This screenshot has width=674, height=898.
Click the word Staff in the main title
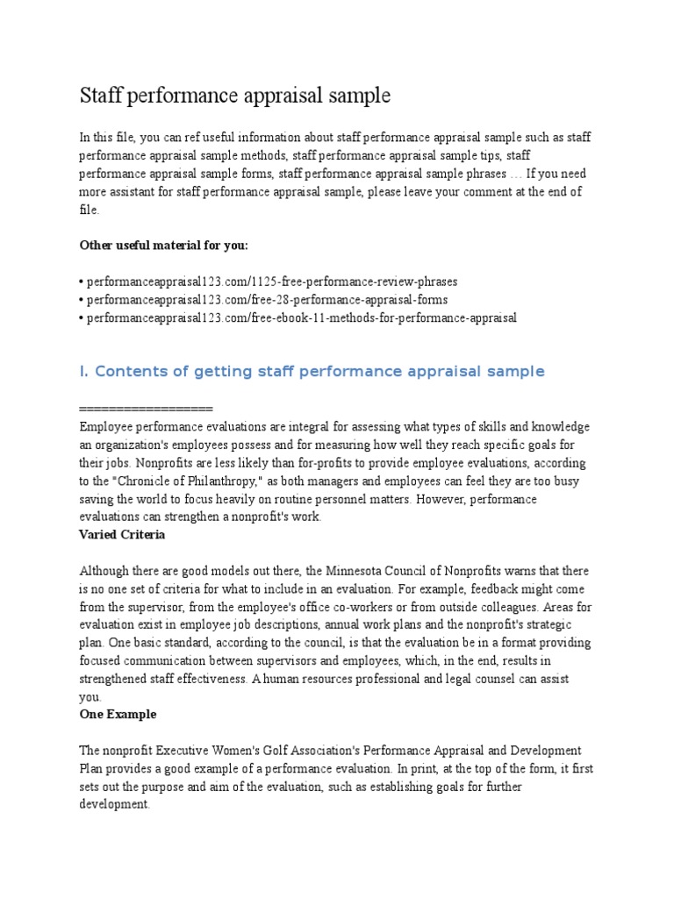101,96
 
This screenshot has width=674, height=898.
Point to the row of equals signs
146,409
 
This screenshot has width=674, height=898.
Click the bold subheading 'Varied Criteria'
122,534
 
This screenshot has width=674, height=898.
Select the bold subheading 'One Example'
118,714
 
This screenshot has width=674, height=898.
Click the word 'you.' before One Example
90,696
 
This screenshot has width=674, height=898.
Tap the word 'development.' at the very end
115,804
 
